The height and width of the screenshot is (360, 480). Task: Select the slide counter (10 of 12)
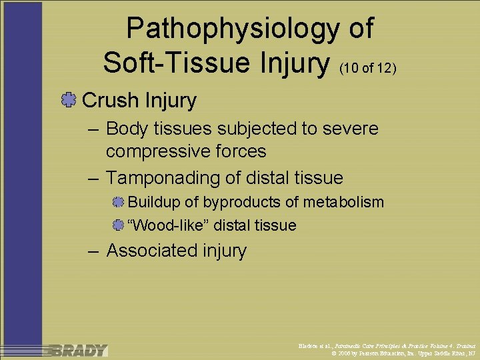368,67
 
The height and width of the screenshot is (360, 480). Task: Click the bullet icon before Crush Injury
68,101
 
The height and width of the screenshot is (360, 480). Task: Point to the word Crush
111,101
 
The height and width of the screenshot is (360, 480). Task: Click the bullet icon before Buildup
119,202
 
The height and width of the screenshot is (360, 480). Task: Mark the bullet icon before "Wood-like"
119,225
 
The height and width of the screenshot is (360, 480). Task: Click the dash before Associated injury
94,250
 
